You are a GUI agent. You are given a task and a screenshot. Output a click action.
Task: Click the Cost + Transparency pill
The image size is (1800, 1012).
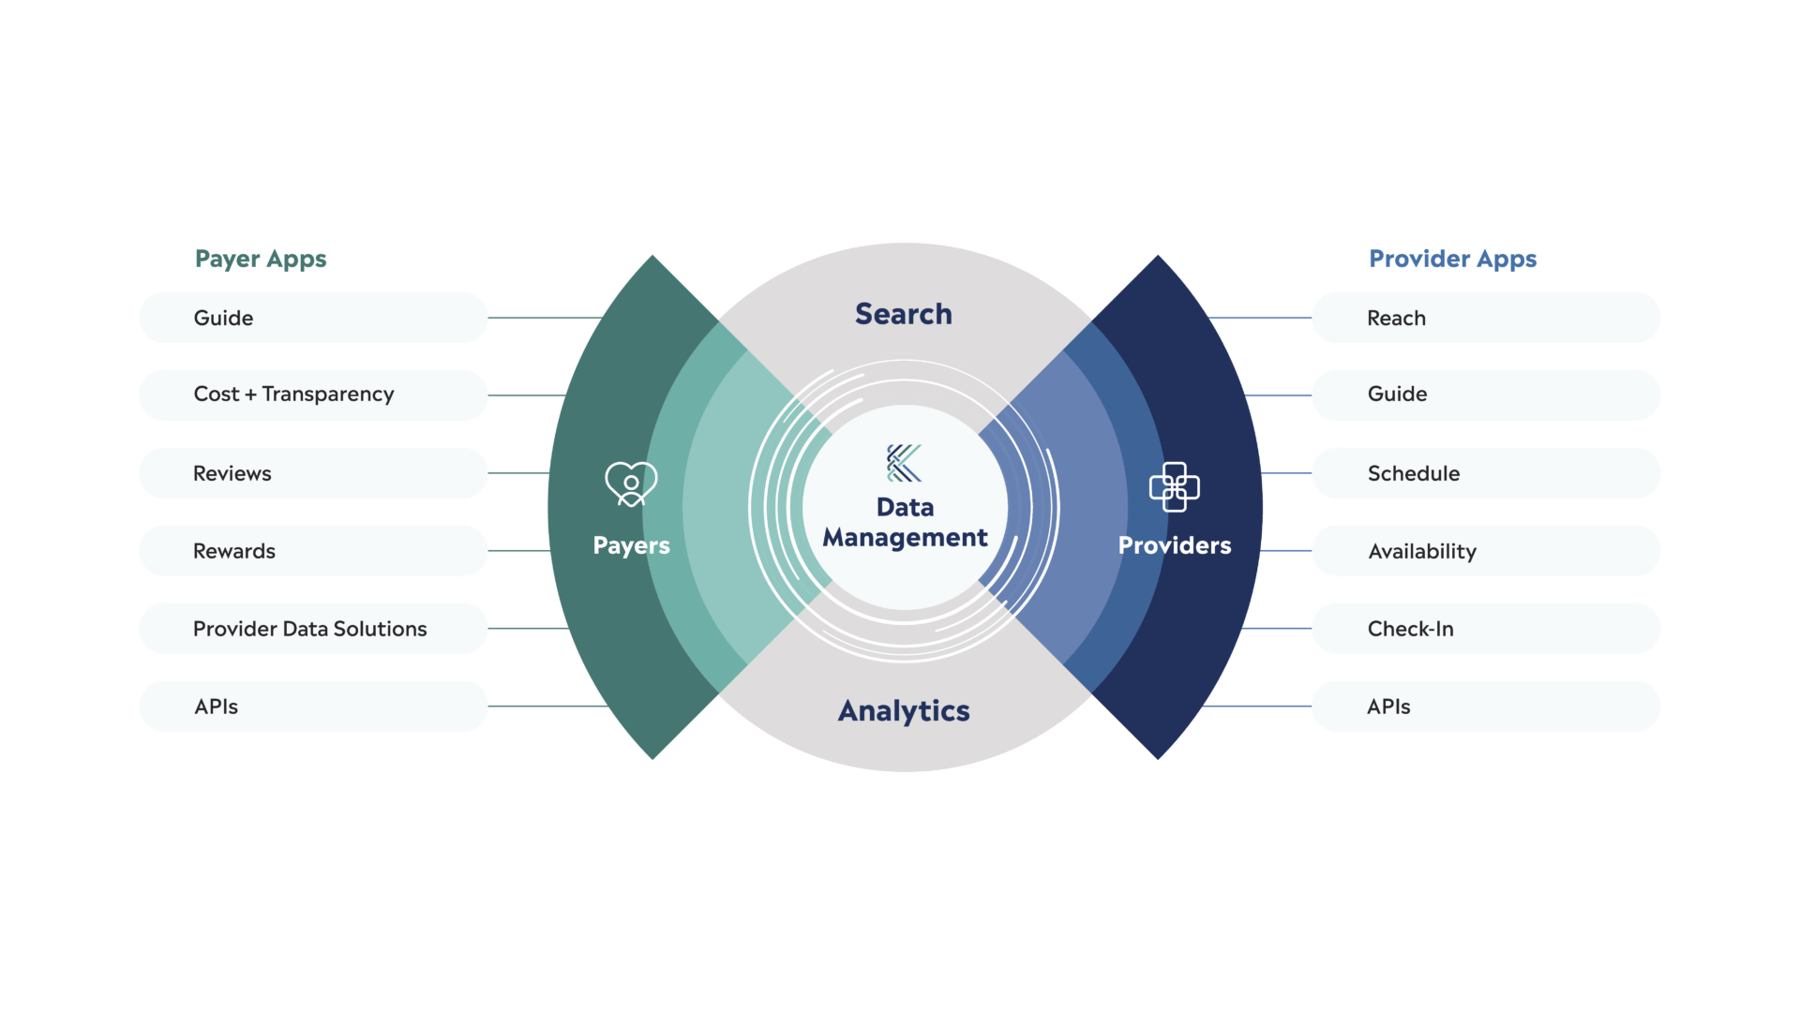(313, 394)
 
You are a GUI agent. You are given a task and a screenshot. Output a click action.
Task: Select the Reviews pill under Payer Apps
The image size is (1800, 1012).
(313, 473)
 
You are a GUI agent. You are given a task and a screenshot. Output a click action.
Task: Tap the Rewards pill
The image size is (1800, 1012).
(313, 551)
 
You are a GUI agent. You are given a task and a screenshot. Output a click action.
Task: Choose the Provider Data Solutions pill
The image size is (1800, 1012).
(313, 629)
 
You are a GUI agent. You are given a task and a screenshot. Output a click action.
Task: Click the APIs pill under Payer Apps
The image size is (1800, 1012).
(313, 707)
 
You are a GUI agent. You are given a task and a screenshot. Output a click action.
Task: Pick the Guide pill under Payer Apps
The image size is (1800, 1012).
(313, 318)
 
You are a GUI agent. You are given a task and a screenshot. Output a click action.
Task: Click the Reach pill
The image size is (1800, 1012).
(1485, 318)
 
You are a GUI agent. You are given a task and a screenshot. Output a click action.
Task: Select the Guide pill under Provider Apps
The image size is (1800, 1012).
(1485, 394)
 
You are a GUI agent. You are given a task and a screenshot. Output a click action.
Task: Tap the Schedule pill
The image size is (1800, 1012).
(1485, 473)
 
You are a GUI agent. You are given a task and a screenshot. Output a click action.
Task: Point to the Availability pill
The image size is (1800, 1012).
(1485, 551)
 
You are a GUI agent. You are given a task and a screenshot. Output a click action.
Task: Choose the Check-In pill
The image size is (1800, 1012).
(1485, 629)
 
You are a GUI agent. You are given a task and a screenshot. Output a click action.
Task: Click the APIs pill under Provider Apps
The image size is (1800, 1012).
(1485, 707)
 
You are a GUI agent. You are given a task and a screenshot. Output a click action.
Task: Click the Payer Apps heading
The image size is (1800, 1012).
(261, 259)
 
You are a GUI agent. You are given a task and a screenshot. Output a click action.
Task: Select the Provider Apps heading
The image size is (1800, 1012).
(1452, 259)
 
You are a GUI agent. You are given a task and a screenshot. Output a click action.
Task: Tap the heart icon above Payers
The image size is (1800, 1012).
(631, 484)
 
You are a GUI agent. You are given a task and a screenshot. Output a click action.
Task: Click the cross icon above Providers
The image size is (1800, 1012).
(1174, 487)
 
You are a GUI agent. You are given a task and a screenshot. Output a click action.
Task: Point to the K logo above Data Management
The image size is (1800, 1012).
(905, 463)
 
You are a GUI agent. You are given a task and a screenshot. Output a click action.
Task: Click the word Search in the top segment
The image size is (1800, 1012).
(903, 314)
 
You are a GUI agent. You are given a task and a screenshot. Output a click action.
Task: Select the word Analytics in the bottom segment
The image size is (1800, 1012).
(904, 711)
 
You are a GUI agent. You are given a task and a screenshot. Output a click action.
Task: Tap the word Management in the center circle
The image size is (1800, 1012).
(905, 538)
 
